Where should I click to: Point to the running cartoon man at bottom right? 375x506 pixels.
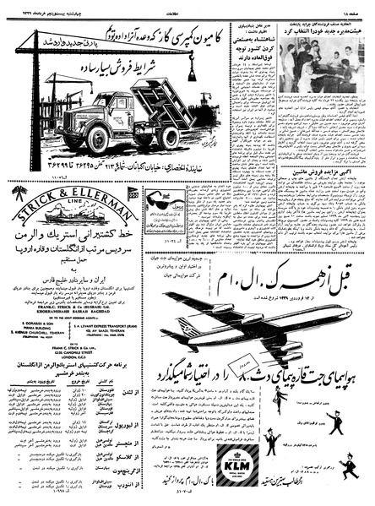[x=348, y=464]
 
